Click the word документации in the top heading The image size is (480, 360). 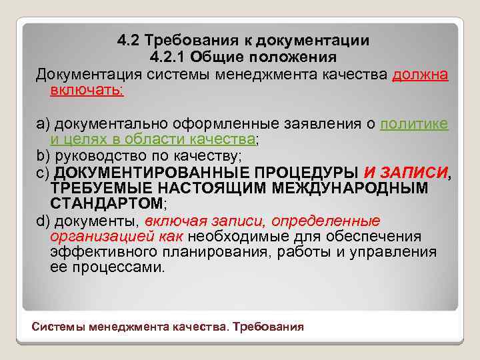pos(313,41)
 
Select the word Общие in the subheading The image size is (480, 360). pos(225,56)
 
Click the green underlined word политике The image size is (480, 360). pos(414,123)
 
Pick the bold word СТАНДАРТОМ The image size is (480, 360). pos(105,203)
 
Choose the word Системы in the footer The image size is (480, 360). pos(57,327)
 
